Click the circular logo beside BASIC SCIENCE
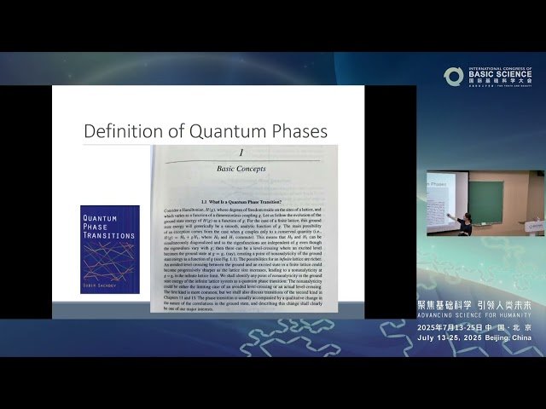pos(453,76)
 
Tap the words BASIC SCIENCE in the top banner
pos(497,74)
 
